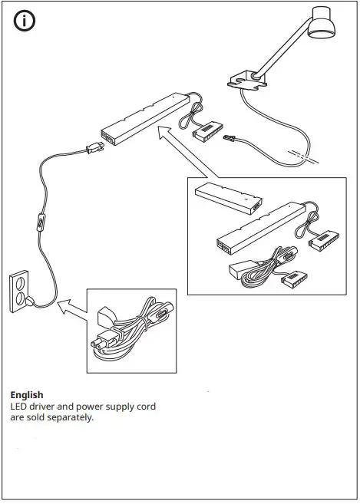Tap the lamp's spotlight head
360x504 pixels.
[322, 25]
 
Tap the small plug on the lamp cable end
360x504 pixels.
[229, 141]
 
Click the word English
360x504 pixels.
[27, 395]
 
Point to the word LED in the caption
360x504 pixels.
[19, 406]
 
